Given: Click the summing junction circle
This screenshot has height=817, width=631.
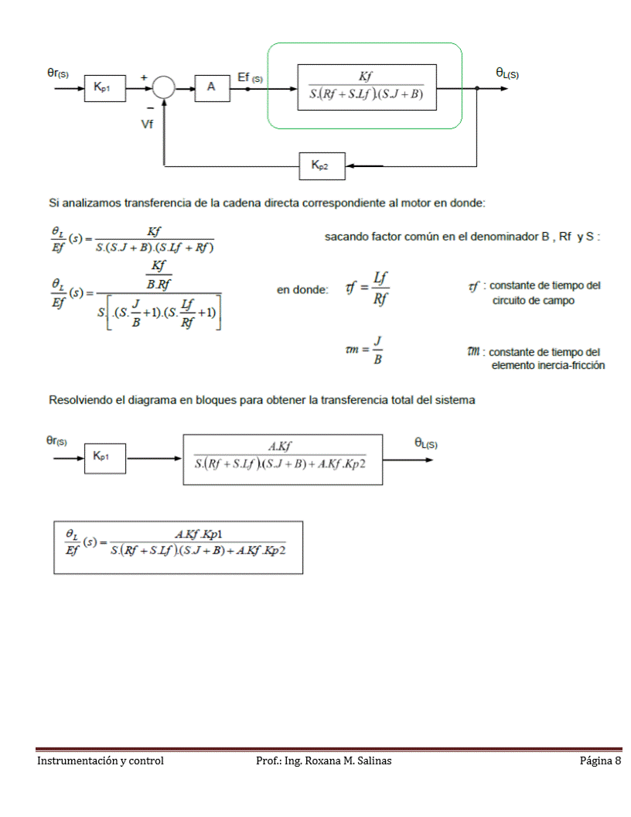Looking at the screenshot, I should click(163, 87).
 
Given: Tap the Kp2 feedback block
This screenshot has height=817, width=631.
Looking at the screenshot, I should click(322, 165).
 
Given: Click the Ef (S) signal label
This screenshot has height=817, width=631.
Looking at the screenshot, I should click(250, 77).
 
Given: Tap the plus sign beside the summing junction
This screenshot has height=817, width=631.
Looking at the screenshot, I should click(144, 77).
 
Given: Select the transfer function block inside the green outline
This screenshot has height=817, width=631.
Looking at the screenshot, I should click(367, 87).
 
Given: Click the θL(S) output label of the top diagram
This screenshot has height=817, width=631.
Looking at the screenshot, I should click(507, 73).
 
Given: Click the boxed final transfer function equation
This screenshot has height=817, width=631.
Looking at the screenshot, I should click(179, 546).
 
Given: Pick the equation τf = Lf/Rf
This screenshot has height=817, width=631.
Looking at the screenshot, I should click(367, 288).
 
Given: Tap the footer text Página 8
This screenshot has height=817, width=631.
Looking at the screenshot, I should click(600, 761).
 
